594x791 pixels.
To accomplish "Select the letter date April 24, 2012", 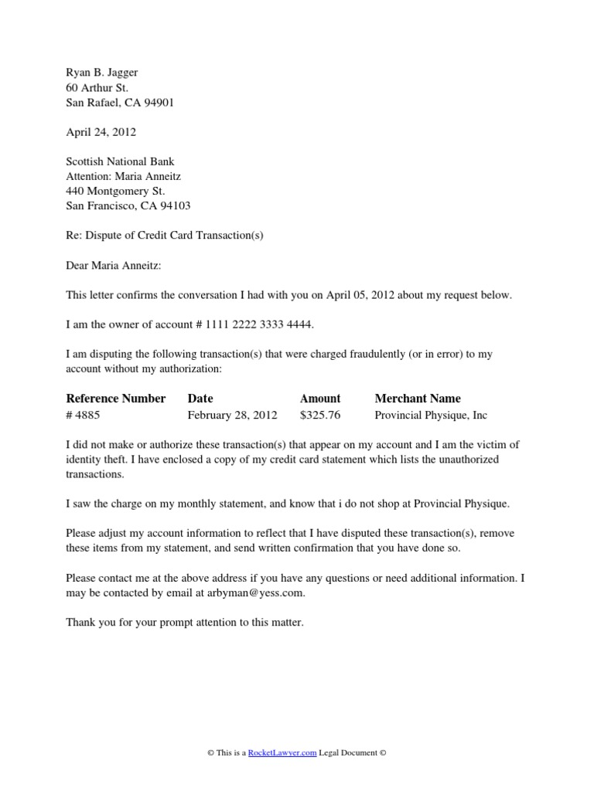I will (x=101, y=132).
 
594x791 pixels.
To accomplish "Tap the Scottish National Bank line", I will (x=120, y=161).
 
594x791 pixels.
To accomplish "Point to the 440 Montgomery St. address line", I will (x=115, y=191).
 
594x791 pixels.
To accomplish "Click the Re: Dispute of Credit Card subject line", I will (x=165, y=235).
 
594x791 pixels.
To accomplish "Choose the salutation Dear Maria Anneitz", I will (x=115, y=265).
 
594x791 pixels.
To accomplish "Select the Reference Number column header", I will (x=116, y=399).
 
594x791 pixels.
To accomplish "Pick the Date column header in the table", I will (x=200, y=399).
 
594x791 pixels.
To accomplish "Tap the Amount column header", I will (x=320, y=399).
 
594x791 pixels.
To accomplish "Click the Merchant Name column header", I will (x=418, y=399).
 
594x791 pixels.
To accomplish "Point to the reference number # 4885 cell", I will (x=83, y=415).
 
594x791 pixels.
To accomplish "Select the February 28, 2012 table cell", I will (x=232, y=415).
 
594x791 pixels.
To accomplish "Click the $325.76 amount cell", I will (x=320, y=415).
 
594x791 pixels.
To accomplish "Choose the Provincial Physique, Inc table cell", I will (x=431, y=415).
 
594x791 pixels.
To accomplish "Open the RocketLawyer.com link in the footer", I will (x=282, y=753).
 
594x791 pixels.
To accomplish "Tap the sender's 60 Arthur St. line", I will (x=97, y=87).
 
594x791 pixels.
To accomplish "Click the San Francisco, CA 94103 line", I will (x=128, y=205).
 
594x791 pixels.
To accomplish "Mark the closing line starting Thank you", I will (x=185, y=622).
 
